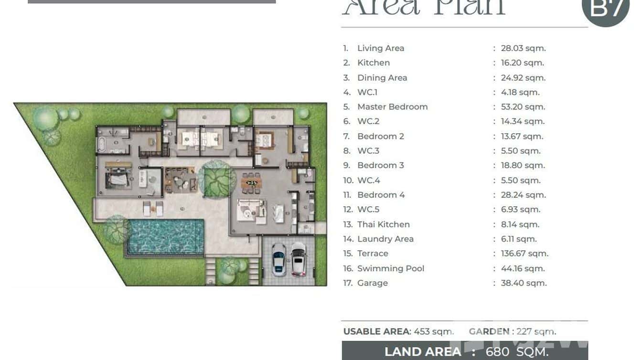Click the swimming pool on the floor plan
(165, 236)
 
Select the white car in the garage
(299, 259)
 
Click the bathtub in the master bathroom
(101, 144)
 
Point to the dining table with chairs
(251, 182)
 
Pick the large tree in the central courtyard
(217, 180)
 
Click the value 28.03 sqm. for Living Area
(523, 48)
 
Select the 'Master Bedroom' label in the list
(392, 107)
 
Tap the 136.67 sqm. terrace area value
(524, 254)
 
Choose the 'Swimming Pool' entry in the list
(390, 268)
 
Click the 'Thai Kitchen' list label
(383, 224)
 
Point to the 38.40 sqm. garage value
(523, 283)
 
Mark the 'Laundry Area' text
(385, 239)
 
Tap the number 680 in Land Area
(497, 352)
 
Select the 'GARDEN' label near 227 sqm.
(489, 331)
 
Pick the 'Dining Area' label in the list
(382, 78)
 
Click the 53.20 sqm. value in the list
(523, 107)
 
